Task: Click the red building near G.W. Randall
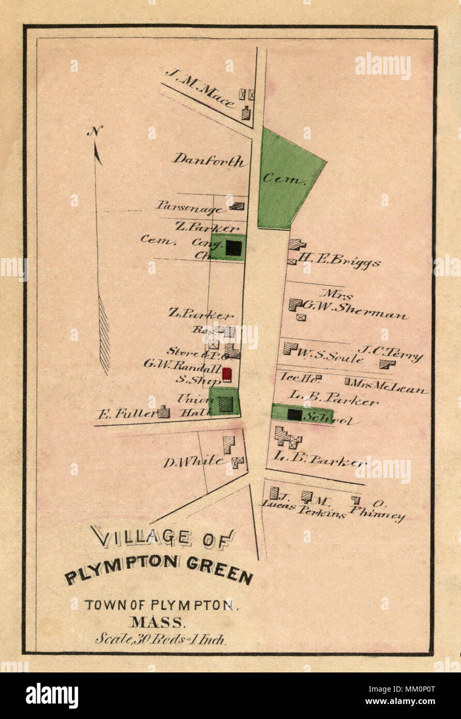(x=227, y=375)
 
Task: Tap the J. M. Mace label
(x=200, y=88)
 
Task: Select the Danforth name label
(x=209, y=160)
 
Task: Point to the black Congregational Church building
(x=233, y=248)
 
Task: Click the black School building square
(x=294, y=414)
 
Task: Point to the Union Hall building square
(x=226, y=404)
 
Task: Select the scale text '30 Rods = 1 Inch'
(x=160, y=639)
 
